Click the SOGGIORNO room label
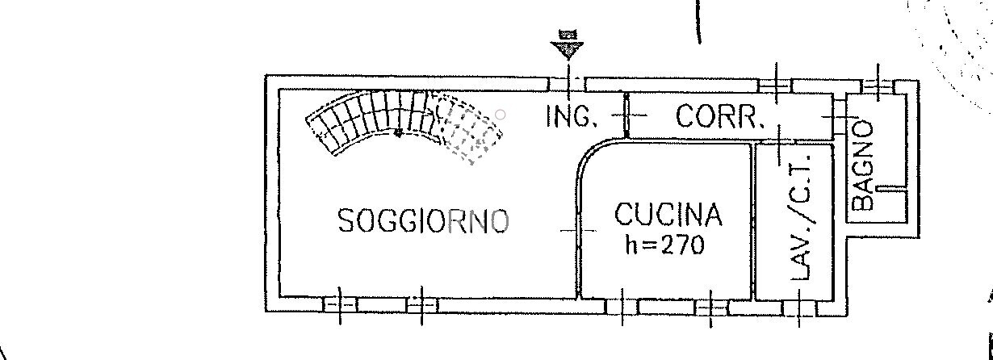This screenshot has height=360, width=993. pyautogui.click(x=423, y=221)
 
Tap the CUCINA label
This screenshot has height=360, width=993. pyautogui.click(x=668, y=215)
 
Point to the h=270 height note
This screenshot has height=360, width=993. pyautogui.click(x=664, y=245)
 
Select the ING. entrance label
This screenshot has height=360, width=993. pyautogui.click(x=572, y=116)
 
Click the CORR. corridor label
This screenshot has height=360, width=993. pyautogui.click(x=720, y=116)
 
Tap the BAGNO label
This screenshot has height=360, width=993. pyautogui.click(x=863, y=165)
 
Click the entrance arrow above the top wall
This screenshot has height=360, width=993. pyautogui.click(x=568, y=44)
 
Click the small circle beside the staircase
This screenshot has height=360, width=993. pyautogui.click(x=501, y=115)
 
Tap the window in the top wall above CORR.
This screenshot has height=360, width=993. pyautogui.click(x=775, y=85)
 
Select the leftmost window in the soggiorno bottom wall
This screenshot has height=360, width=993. pyautogui.click(x=340, y=305)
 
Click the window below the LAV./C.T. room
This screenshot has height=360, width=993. pyautogui.click(x=799, y=308)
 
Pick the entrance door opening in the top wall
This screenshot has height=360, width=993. pyautogui.click(x=568, y=84)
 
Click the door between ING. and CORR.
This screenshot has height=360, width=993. pyautogui.click(x=626, y=115)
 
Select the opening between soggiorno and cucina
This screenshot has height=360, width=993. pyautogui.click(x=578, y=231)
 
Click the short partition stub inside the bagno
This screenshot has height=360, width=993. pyautogui.click(x=891, y=188)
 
